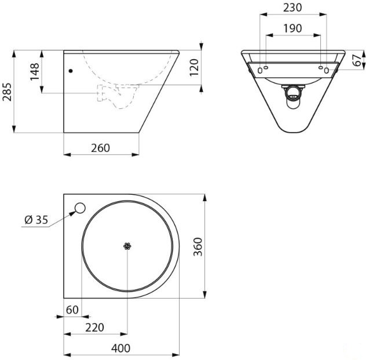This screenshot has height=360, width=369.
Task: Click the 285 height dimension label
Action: [7, 92]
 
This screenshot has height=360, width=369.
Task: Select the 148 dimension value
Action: [35, 72]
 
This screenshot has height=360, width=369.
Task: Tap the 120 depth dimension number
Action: [195, 67]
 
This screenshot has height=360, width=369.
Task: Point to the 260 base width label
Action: [100, 148]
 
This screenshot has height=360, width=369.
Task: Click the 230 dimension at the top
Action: [293, 8]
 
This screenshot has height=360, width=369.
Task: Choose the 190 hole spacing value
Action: [293, 28]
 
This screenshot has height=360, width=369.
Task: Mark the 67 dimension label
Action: [357, 60]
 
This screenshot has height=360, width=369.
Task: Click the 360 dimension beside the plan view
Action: [198, 247]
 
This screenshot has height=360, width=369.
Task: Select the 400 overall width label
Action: [120, 348]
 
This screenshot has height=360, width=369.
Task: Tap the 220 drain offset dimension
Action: [94, 328]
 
